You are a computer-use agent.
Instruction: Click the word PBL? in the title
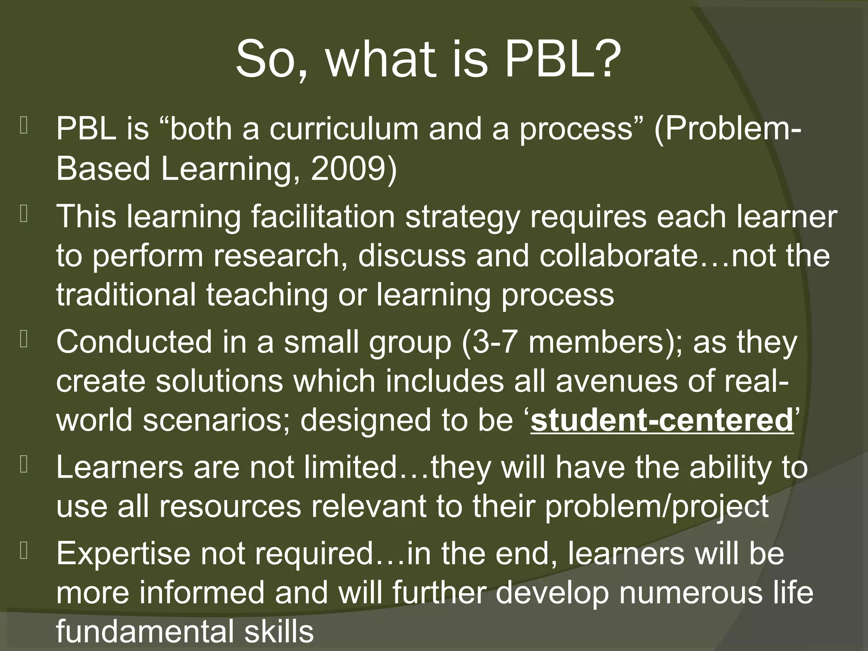click(x=564, y=59)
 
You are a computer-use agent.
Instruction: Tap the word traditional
click(x=126, y=295)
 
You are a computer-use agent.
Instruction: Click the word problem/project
click(x=657, y=506)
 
